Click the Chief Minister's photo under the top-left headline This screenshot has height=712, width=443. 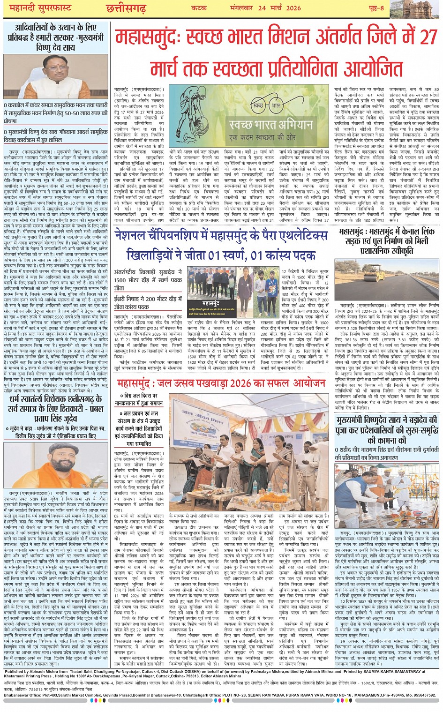click(x=56, y=78)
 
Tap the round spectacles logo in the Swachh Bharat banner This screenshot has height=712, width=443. click(x=265, y=105)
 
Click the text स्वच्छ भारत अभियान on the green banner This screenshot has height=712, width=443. click(x=271, y=125)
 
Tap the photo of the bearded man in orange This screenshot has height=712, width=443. click(x=55, y=467)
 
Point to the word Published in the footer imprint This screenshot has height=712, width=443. click(x=17, y=671)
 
